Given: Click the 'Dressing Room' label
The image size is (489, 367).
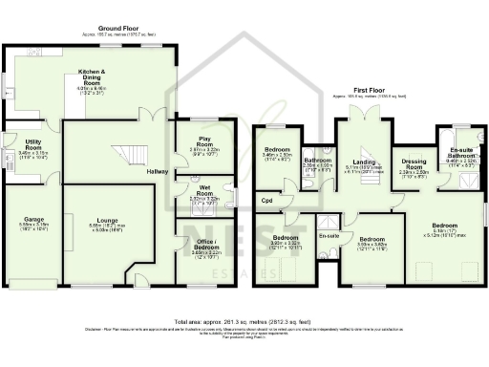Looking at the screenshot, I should [x=414, y=164].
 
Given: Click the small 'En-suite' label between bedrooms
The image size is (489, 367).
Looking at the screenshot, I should [x=329, y=233].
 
